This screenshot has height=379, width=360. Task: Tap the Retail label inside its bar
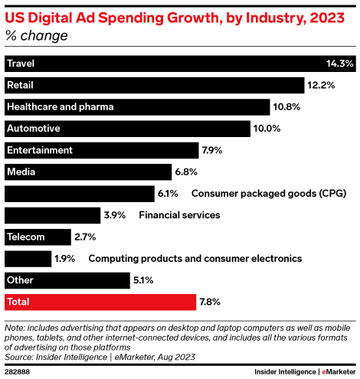coord(20,85)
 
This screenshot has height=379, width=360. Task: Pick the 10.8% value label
coord(287,106)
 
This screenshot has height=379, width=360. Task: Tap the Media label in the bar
coord(20,172)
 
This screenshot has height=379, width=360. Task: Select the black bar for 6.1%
coord(77,194)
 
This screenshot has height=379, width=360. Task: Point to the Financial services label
coord(179,215)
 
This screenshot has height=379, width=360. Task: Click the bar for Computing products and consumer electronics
coord(28,259)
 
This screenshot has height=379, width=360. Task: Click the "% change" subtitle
coord(36,36)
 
